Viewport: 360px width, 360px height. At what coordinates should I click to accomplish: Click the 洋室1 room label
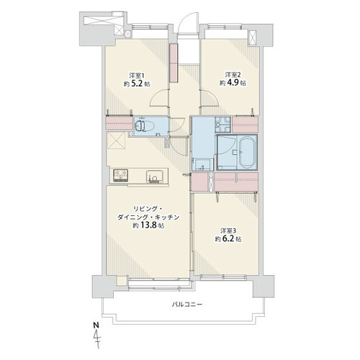[x=137, y=76]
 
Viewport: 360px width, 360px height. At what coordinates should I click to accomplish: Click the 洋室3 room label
[x=229, y=231]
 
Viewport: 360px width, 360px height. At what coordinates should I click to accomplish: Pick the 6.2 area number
[x=230, y=239]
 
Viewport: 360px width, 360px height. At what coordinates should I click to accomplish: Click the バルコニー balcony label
[x=187, y=305]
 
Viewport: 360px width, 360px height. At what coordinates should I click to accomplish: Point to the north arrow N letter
[x=96, y=325]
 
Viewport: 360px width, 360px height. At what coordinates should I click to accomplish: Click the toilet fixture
[x=144, y=125]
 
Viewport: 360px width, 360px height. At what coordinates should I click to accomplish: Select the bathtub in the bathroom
[x=247, y=153]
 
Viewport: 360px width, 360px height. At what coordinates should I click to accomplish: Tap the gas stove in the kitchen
[x=121, y=176]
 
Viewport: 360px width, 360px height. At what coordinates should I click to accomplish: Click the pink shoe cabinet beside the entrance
[x=174, y=63]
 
